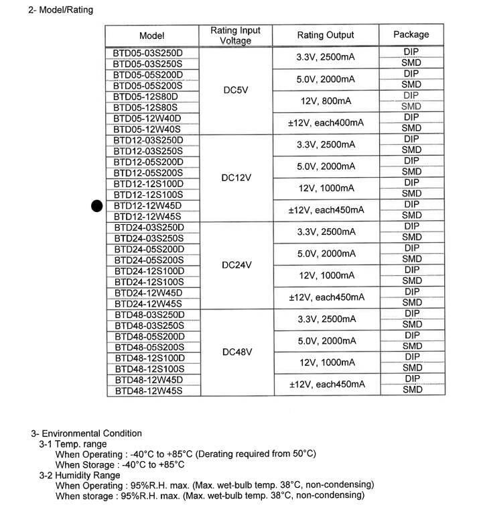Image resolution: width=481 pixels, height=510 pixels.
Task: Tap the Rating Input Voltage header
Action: [235, 36]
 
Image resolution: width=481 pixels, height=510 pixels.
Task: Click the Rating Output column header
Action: [326, 36]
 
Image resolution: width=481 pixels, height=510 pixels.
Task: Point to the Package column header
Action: [411, 35]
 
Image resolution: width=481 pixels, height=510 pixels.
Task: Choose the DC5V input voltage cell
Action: [235, 90]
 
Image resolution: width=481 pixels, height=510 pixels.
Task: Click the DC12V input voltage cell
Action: [235, 178]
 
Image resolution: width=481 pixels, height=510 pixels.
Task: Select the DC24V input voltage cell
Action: [235, 265]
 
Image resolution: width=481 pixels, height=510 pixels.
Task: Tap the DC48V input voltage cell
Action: [235, 352]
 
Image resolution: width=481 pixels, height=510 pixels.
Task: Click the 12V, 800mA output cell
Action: [326, 101]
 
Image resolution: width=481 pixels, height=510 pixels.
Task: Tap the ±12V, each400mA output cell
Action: [326, 123]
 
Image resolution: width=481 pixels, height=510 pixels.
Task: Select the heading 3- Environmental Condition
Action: [86, 433]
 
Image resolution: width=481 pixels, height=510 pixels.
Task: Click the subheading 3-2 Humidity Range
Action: [80, 474]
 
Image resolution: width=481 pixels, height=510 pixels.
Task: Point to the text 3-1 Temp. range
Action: [72, 444]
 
